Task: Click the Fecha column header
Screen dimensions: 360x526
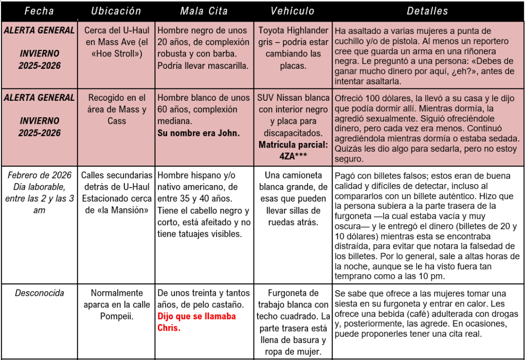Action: point(39,11)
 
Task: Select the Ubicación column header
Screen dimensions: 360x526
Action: point(116,11)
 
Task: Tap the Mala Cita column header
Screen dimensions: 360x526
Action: point(204,11)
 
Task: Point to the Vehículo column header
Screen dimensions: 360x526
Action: point(293,11)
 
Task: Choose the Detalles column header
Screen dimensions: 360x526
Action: point(427,11)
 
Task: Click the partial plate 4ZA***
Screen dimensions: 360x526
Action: point(293,156)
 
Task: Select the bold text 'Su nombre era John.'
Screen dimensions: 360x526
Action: point(198,133)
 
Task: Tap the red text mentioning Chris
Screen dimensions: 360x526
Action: point(196,321)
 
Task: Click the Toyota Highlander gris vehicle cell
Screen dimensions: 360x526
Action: point(293,48)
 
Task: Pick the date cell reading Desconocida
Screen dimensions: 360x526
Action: point(40,293)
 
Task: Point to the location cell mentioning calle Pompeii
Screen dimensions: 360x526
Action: point(116,304)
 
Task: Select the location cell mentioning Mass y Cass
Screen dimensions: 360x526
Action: point(116,109)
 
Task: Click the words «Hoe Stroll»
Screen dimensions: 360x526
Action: point(116,53)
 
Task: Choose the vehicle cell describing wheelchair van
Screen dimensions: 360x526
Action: point(293,199)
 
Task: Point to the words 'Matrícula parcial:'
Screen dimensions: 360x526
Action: point(293,145)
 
